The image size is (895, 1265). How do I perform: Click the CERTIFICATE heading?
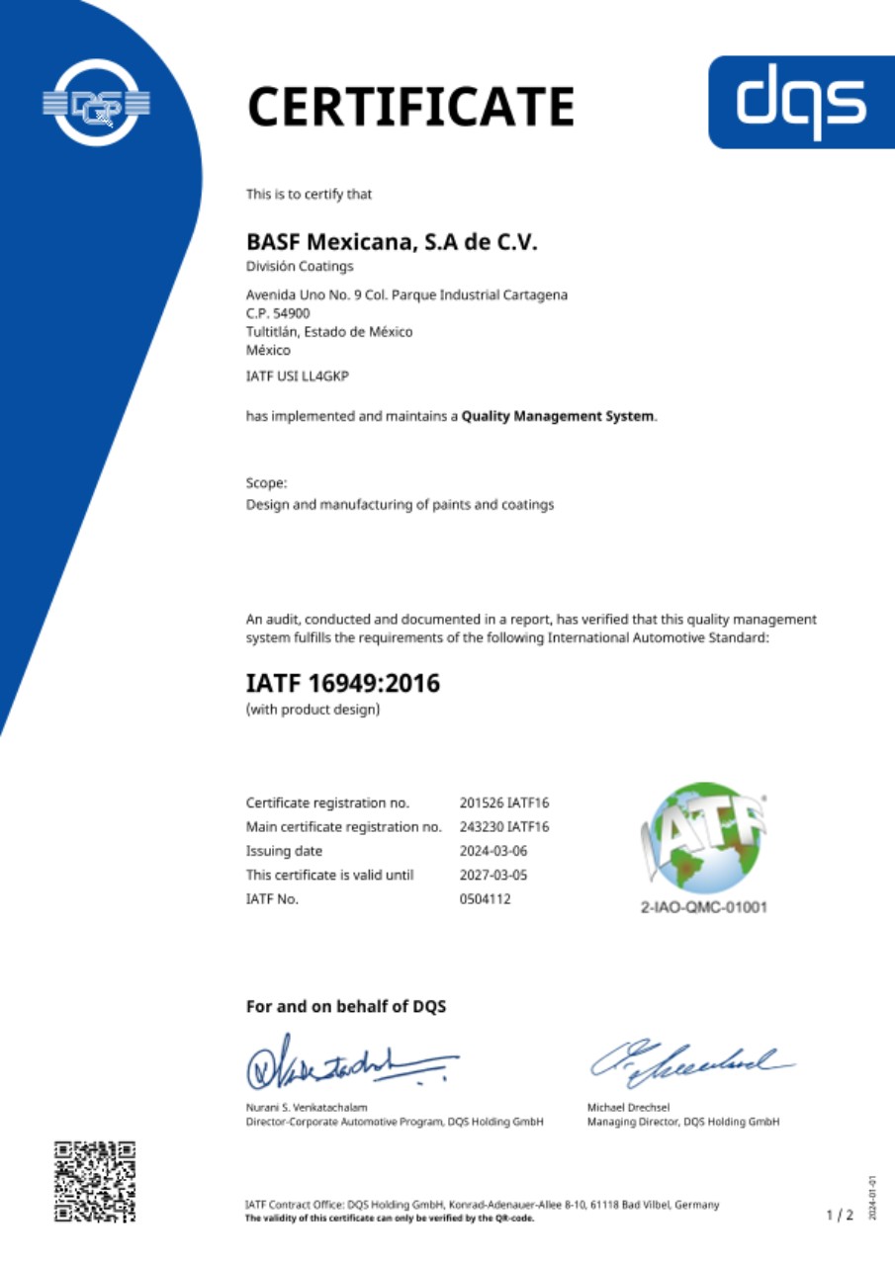tap(410, 107)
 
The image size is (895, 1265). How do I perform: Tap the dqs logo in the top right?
tap(802, 102)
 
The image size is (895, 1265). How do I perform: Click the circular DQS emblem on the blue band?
tap(96, 103)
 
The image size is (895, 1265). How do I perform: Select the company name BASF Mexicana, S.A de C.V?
tap(391, 241)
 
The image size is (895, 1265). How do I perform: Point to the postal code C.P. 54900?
tap(278, 313)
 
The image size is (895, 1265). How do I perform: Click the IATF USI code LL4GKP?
tap(298, 377)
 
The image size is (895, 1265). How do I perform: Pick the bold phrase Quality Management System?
tap(558, 416)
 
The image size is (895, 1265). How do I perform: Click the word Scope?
tap(267, 483)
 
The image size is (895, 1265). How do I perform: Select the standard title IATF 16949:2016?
tap(342, 683)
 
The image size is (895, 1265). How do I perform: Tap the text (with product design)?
tap(313, 709)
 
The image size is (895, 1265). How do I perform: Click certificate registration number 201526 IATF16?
tap(504, 802)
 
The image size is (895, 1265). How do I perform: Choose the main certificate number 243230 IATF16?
tap(504, 826)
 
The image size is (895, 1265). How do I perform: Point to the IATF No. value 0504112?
tap(486, 899)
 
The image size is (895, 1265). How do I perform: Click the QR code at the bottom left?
tap(95, 1182)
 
